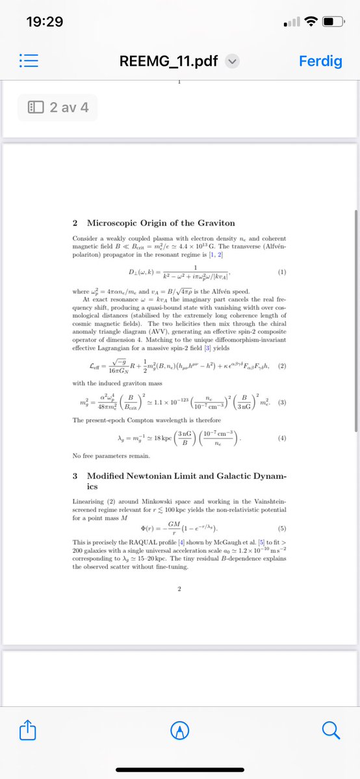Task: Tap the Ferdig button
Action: coord(319,62)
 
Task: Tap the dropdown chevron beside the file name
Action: coord(232,62)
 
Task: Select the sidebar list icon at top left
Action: coord(30,62)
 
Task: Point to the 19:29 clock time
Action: coord(44,21)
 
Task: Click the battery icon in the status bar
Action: coord(335,21)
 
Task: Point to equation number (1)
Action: coord(282,272)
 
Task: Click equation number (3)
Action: coord(282,403)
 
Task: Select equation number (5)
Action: coord(282,528)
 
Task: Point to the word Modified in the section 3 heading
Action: coord(108,476)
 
